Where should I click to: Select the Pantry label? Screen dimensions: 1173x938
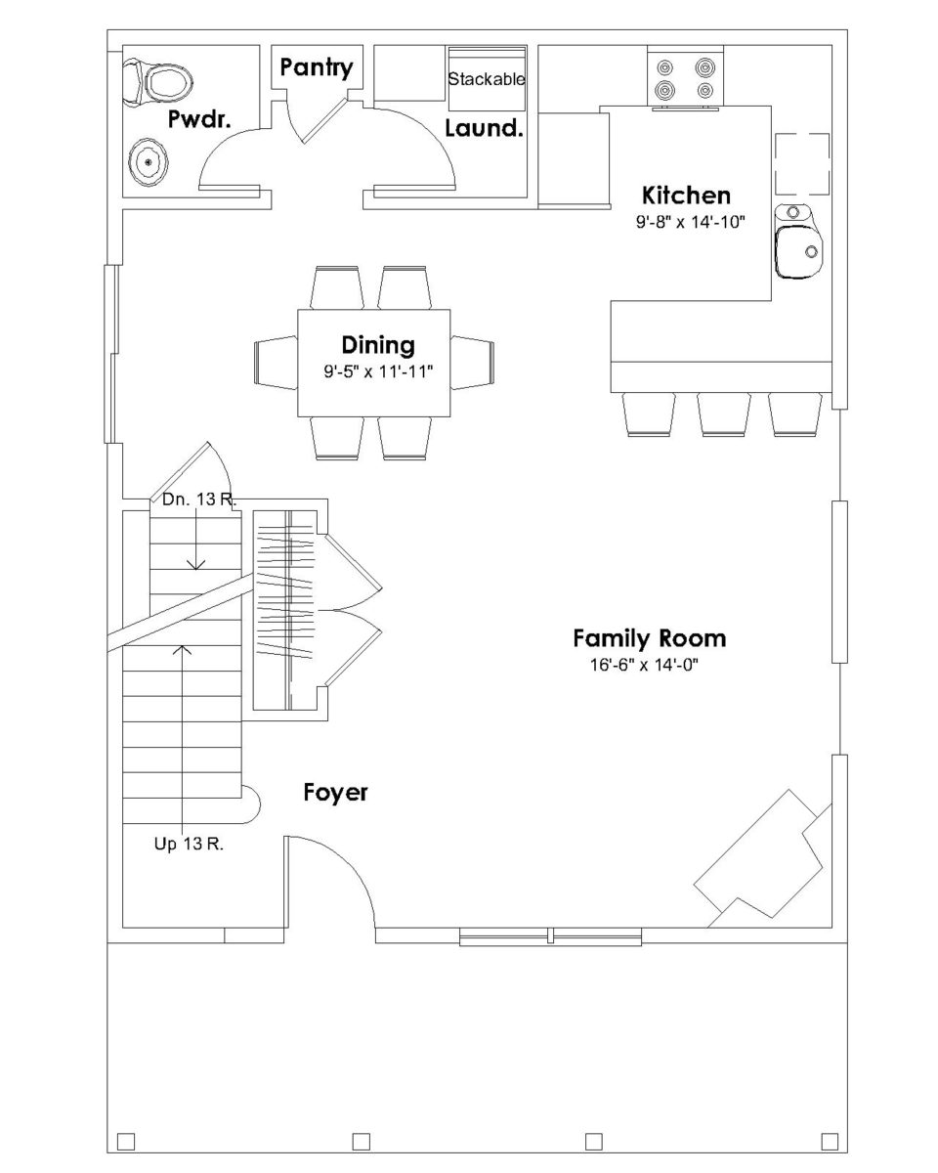pyautogui.click(x=316, y=67)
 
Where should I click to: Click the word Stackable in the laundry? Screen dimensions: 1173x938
pyautogui.click(x=487, y=79)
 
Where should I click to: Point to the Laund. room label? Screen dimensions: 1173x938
pyautogui.click(x=484, y=128)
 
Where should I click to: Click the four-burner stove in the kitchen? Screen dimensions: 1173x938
pyautogui.click(x=684, y=79)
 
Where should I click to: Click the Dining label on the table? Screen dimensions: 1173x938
pyautogui.click(x=377, y=345)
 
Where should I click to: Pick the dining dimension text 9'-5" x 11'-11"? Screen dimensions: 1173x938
pyautogui.click(x=378, y=372)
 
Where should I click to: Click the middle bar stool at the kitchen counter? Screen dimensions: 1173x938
pyautogui.click(x=724, y=413)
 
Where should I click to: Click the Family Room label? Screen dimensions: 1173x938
pyautogui.click(x=649, y=639)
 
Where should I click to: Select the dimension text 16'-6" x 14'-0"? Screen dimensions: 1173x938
pyautogui.click(x=640, y=666)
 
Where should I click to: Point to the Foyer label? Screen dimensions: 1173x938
pyautogui.click(x=335, y=792)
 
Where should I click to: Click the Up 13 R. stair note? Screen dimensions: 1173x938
pyautogui.click(x=189, y=846)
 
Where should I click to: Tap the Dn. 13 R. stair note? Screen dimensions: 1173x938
pyautogui.click(x=199, y=500)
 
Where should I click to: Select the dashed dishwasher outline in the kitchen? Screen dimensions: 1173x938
pyautogui.click(x=801, y=164)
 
